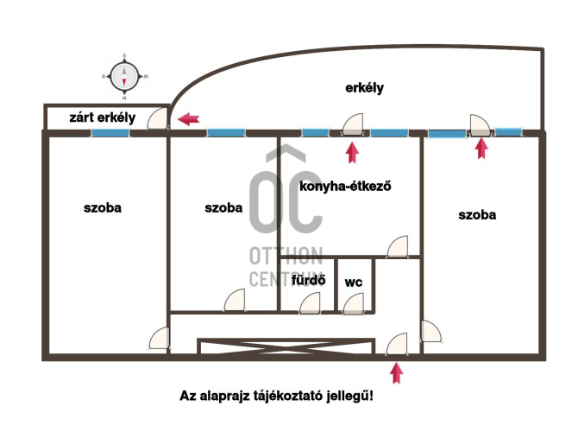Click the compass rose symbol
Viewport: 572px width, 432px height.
pyautogui.click(x=124, y=77)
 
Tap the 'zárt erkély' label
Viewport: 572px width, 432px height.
pyautogui.click(x=102, y=118)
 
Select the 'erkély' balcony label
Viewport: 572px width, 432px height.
pyautogui.click(x=364, y=88)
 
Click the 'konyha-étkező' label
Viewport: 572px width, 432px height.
pyautogui.click(x=345, y=187)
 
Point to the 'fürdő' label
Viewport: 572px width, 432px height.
pyautogui.click(x=309, y=280)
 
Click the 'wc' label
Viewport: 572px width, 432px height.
pyautogui.click(x=354, y=283)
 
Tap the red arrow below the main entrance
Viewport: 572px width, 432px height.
pyautogui.click(x=397, y=372)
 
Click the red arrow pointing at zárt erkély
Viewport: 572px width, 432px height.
pyautogui.click(x=188, y=119)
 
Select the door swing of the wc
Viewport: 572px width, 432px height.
pyautogui.click(x=354, y=303)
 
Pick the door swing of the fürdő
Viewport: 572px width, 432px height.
pyautogui.click(x=310, y=303)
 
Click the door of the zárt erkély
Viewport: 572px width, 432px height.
pyautogui.click(x=158, y=118)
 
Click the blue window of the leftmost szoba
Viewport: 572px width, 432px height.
pyautogui.click(x=110, y=133)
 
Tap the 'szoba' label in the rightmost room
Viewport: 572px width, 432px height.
pyautogui.click(x=477, y=215)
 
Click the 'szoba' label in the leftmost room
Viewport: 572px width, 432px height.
pyautogui.click(x=103, y=207)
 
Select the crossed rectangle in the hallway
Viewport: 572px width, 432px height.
pyautogui.click(x=286, y=346)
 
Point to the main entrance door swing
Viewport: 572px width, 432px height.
pyautogui.click(x=397, y=344)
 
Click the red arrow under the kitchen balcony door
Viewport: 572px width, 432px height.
pyautogui.click(x=352, y=152)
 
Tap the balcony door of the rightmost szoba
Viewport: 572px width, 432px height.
pyautogui.click(x=480, y=125)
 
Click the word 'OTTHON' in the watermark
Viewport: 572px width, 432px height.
pyautogui.click(x=286, y=256)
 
